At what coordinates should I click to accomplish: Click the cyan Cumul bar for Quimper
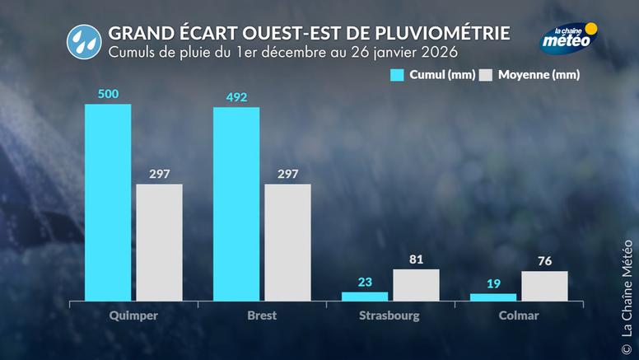pos(108,202)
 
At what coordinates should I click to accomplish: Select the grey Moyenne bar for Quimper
pos(159,242)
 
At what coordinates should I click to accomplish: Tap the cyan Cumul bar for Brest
pos(236,203)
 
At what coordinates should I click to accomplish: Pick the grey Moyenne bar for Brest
pos(287,242)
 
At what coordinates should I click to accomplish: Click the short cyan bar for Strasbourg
pos(365,297)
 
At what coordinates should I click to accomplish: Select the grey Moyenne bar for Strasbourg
pos(416,285)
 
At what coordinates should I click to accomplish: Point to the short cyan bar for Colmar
pos(493,297)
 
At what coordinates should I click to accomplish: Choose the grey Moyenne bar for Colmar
pos(544,286)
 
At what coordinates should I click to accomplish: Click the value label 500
pos(108,94)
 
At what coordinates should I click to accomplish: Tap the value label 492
pos(236,97)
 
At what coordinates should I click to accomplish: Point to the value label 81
pos(416,260)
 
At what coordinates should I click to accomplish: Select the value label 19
pos(493,284)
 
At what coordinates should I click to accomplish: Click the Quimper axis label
pos(133,316)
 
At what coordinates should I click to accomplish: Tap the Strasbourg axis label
pos(389,316)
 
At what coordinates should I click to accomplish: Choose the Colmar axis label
pos(518,316)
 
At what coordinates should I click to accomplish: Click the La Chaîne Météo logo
pos(568,37)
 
